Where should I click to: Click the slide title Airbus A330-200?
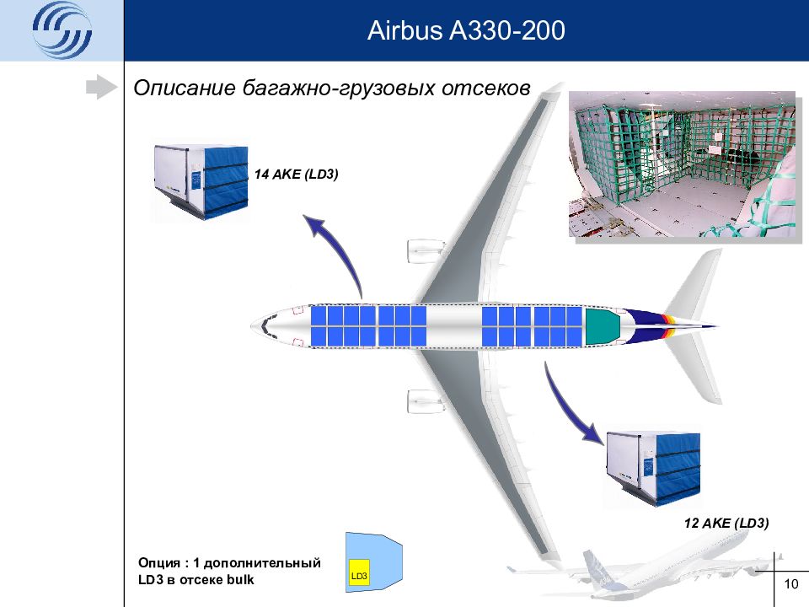pyautogui.click(x=466, y=31)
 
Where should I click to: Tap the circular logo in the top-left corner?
pyautogui.click(x=62, y=31)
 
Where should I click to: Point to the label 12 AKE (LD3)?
pyautogui.click(x=726, y=524)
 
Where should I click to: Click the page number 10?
pyautogui.click(x=790, y=585)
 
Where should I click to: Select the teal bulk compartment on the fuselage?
pyautogui.click(x=602, y=326)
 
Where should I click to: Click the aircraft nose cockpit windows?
pyautogui.click(x=265, y=325)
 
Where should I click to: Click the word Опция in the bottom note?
pyautogui.click(x=159, y=562)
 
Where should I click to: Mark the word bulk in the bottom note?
pyautogui.click(x=238, y=580)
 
